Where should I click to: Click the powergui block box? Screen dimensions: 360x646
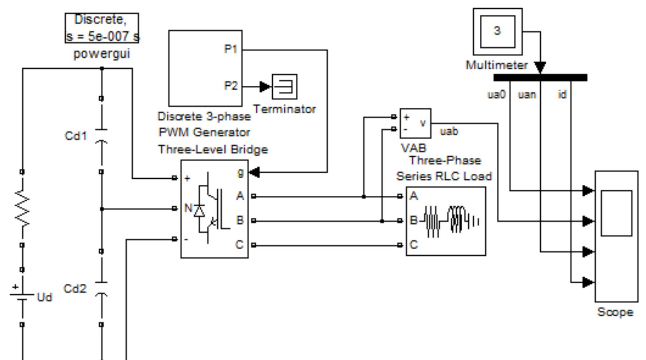coord(102,28)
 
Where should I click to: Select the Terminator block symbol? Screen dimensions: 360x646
coord(284,87)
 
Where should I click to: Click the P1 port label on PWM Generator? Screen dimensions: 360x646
coord(230,50)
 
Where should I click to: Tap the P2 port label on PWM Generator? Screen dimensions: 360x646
coord(230,86)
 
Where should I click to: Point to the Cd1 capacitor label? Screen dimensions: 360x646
coord(76,136)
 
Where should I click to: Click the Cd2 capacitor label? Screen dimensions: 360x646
coord(75,289)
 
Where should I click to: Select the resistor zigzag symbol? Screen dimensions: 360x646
coord(22,208)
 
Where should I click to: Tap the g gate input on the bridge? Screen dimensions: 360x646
coord(241,172)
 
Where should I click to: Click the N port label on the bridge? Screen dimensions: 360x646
coord(188,208)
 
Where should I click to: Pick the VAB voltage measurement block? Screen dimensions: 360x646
coord(415,123)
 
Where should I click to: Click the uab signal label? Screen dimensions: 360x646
coord(449,131)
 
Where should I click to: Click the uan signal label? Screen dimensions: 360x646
coord(527,95)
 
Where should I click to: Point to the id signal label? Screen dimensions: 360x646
coord(562,95)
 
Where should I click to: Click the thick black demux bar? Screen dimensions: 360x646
coord(540,78)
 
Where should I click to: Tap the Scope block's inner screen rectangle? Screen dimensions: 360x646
coord(616,213)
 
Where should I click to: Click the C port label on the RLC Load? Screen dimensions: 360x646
coord(414,245)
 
